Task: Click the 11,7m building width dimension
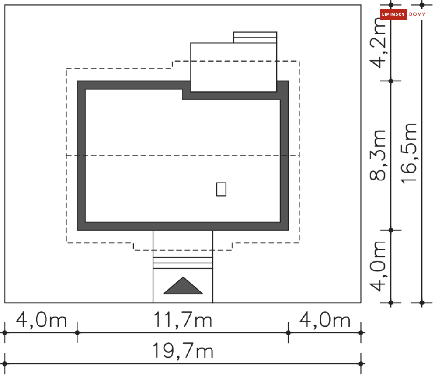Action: pos(183,320)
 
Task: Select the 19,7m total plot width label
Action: pos(183,351)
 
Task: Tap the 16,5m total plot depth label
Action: pos(409,153)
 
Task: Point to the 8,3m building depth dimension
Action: pos(378,155)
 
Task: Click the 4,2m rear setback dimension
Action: pos(378,43)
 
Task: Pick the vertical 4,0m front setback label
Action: pos(378,266)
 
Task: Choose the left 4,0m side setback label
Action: pos(41,320)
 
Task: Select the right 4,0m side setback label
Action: pos(324,320)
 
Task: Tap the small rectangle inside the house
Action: pos(221,189)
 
